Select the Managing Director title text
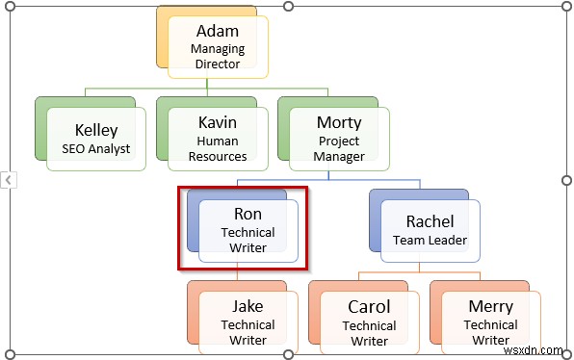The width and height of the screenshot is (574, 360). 217,56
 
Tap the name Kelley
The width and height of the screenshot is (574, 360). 96,129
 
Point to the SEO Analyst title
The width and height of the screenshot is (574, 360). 96,149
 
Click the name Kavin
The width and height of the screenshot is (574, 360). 217,122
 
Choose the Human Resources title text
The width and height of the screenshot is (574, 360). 217,148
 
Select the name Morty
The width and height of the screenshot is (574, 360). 339,122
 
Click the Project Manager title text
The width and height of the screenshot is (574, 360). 339,148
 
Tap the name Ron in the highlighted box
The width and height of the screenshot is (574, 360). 248,214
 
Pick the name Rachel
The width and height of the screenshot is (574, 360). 430,220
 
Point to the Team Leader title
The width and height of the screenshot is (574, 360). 430,241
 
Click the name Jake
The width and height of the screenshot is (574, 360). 248,306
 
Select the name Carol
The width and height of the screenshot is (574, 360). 369,306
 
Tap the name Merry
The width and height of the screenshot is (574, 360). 490,306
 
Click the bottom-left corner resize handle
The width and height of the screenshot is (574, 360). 11,352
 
